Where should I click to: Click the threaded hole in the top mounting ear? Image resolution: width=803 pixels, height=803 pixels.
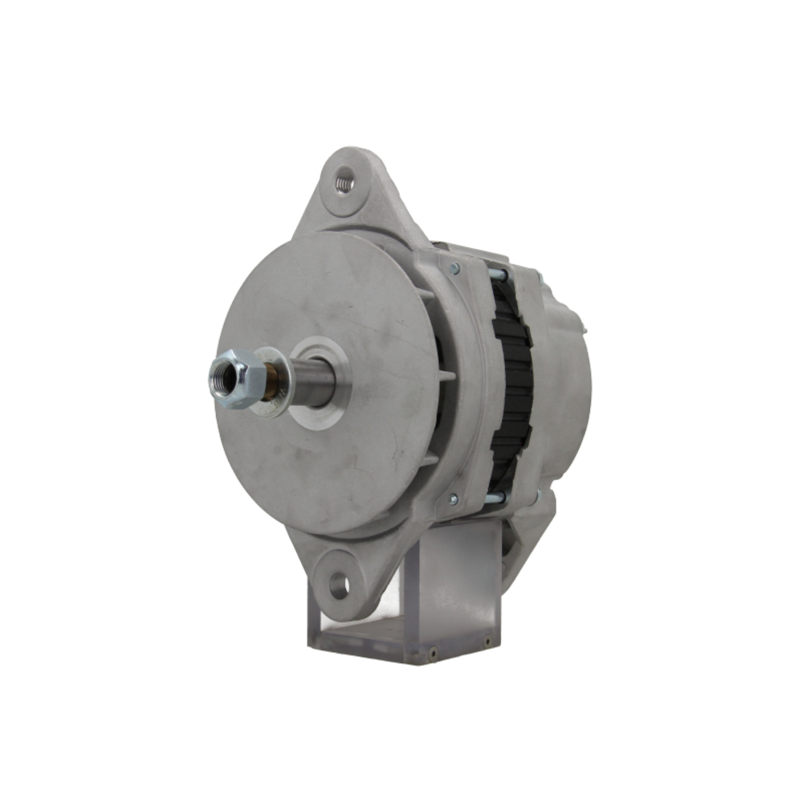tap(344, 183)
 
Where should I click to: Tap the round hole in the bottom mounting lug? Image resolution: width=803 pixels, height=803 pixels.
tap(339, 585)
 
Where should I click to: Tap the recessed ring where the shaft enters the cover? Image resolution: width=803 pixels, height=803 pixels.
tap(321, 384)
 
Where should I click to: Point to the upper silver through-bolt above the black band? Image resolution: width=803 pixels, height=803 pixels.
tap(498, 275)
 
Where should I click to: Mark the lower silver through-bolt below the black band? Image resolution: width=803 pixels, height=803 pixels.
tap(496, 498)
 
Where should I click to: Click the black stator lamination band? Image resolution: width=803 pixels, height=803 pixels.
tap(512, 385)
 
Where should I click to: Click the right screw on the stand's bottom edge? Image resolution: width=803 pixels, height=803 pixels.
tap(487, 642)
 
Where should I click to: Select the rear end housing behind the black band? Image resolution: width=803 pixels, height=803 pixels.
tap(566, 377)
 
